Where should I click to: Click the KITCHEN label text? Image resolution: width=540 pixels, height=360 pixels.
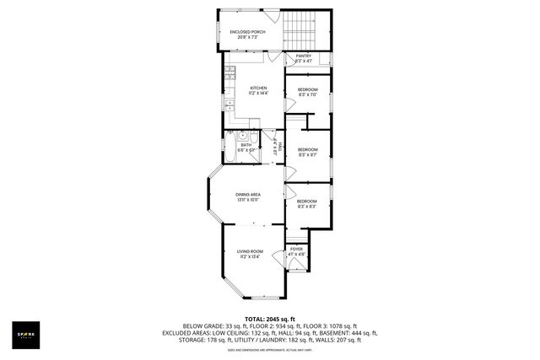258,88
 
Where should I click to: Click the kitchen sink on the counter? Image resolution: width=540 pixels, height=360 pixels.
229,105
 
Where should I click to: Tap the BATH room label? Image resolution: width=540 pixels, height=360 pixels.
246,144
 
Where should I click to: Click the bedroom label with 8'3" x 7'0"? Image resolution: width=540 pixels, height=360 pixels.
307,94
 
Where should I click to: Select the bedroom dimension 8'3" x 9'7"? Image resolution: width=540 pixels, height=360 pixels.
307,155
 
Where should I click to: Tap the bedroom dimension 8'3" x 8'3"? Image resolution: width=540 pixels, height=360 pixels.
306,207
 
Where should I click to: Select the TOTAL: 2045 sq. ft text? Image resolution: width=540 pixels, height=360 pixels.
270,319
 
